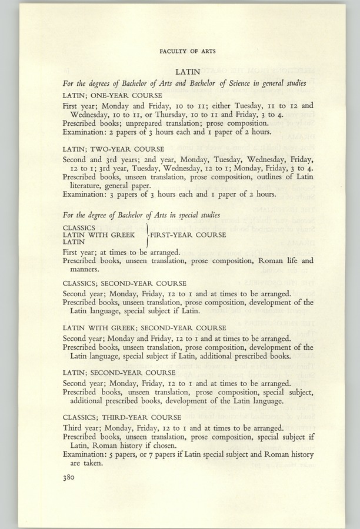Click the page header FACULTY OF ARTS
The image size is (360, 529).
click(188, 51)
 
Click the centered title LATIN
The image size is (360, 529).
click(188, 70)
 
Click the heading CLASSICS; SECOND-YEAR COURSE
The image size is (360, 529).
click(124, 283)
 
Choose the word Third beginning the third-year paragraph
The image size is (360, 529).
click(74, 428)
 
